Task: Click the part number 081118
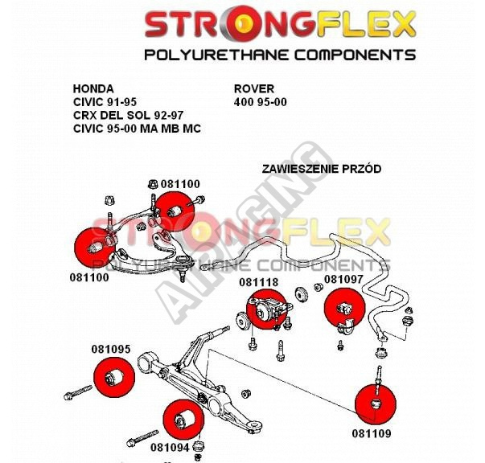[x=258, y=282]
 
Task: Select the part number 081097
[x=343, y=279]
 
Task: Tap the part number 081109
[x=372, y=433]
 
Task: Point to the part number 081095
[x=111, y=349]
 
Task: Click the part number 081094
[x=170, y=447]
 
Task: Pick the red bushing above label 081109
[x=376, y=404]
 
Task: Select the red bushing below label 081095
[x=114, y=377]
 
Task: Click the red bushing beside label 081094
[x=183, y=419]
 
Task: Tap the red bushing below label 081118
[x=266, y=309]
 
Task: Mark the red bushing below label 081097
[x=344, y=307]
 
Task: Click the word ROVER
[x=254, y=89]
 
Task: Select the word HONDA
[x=93, y=89]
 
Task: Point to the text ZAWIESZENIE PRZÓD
[x=322, y=169]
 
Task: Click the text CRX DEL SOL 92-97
[x=129, y=115]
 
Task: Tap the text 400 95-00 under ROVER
[x=261, y=102]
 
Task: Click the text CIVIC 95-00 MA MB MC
[x=137, y=129]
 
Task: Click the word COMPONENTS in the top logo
[x=355, y=55]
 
